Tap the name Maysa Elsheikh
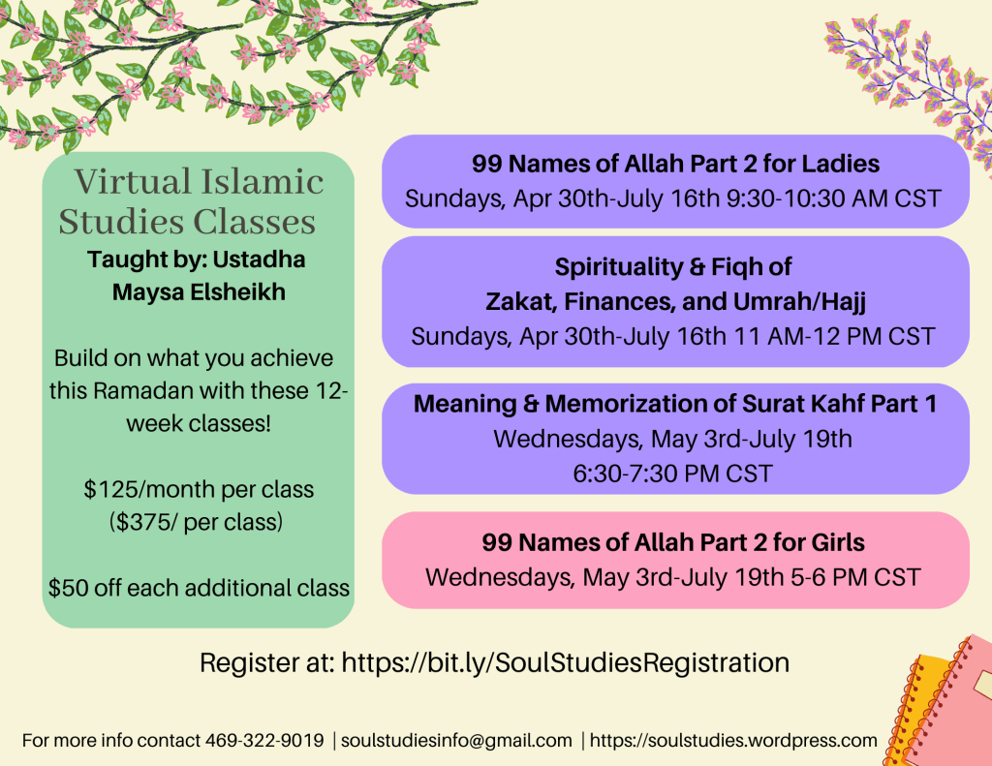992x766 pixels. [199, 292]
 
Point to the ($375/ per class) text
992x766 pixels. [196, 523]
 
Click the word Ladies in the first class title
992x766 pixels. [841, 164]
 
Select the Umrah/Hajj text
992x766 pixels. [798, 302]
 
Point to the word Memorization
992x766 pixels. [639, 404]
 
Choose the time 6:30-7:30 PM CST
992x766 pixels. [673, 474]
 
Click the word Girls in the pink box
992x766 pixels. [838, 542]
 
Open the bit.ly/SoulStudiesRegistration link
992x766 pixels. [566, 663]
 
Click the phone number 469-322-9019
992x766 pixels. [264, 740]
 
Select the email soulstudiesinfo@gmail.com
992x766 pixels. [456, 740]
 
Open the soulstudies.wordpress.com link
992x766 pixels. [733, 740]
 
